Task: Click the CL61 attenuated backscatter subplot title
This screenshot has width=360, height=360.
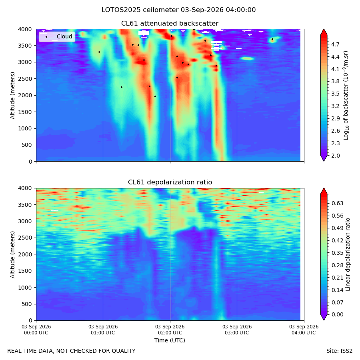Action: coord(170,24)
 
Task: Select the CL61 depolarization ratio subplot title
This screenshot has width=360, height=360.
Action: coord(170,182)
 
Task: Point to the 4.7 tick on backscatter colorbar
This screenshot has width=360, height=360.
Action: coord(335,44)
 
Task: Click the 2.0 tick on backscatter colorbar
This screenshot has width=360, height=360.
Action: coord(335,156)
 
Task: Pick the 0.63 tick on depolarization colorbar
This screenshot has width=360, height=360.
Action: coord(337,204)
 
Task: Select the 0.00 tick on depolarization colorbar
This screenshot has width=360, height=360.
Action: coord(337,314)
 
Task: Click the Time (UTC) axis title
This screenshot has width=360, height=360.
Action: coord(170,340)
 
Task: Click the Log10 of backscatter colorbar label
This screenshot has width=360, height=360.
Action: coord(346,96)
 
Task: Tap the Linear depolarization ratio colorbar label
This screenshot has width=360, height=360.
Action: coord(348,254)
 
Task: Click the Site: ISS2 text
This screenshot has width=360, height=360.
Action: coord(339,351)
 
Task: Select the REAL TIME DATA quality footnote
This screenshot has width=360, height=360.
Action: coord(72,351)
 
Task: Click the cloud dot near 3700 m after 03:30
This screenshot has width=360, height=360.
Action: coord(272,39)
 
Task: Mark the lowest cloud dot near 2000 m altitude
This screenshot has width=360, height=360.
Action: coord(155,96)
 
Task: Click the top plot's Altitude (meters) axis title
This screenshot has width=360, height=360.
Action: coord(12,96)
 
